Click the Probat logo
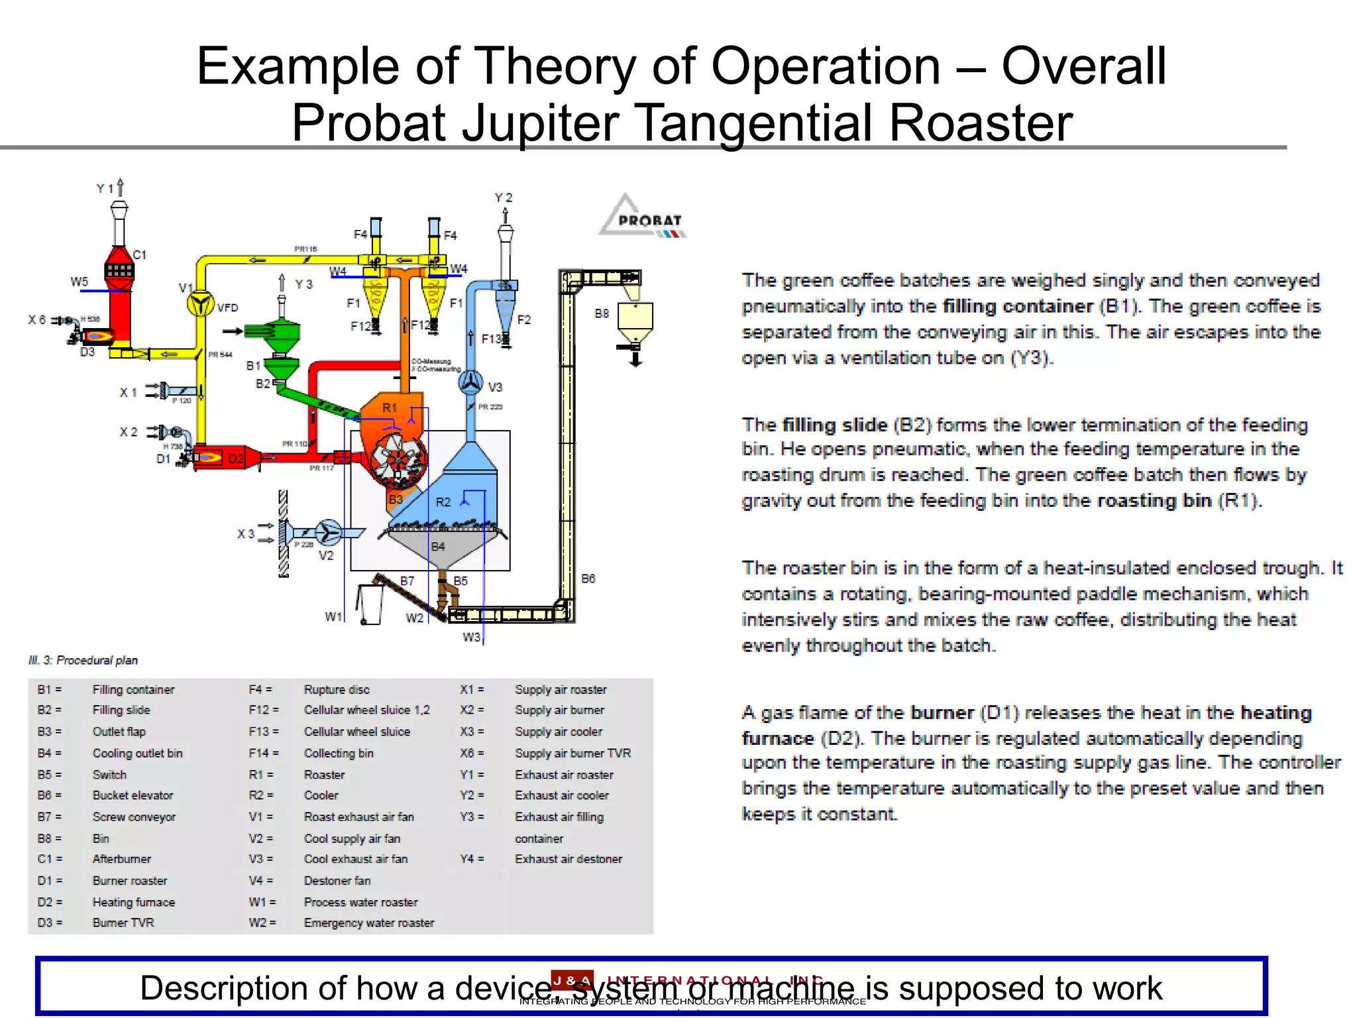tap(643, 217)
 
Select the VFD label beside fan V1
tap(227, 308)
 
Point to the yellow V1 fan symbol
tap(199, 304)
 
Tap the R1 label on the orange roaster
tap(390, 408)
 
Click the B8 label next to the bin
tap(602, 313)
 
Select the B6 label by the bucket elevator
tap(588, 579)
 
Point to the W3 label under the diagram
tap(471, 637)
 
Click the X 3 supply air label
tap(246, 534)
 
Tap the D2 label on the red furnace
tap(236, 459)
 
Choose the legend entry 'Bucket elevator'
tap(133, 795)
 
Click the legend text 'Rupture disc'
tap(337, 689)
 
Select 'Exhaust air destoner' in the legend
tap(569, 859)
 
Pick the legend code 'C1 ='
tap(50, 859)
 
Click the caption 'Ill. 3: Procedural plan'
tap(83, 660)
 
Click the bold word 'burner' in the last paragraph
tap(942, 713)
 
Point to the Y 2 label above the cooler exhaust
tap(504, 198)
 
